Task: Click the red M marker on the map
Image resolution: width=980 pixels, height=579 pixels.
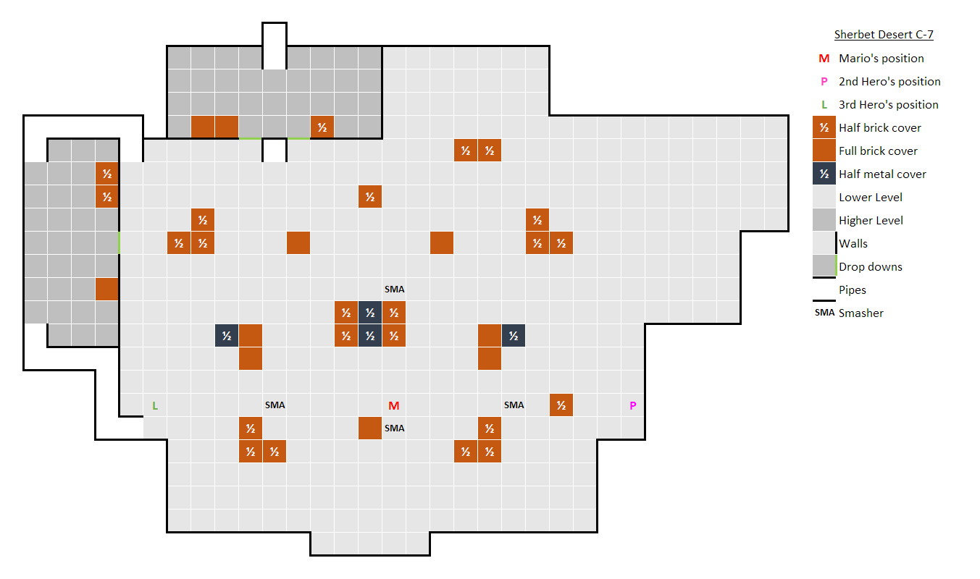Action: (x=394, y=405)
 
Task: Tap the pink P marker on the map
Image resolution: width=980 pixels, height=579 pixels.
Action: (x=632, y=405)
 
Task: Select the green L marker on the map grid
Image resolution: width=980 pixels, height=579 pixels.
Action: (x=155, y=405)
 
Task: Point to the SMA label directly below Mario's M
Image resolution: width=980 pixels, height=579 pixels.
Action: (x=394, y=428)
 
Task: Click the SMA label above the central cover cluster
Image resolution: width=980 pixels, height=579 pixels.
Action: (x=394, y=289)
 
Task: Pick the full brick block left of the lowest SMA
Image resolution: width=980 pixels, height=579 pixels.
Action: (x=370, y=428)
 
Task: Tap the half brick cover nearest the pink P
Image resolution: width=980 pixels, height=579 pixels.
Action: (x=561, y=405)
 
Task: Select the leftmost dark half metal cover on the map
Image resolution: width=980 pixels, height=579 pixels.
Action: (x=227, y=336)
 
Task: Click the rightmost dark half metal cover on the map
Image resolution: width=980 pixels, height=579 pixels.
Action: (x=513, y=336)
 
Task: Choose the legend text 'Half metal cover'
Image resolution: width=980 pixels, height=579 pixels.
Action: (x=882, y=174)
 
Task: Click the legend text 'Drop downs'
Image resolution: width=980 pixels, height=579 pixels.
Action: (x=871, y=266)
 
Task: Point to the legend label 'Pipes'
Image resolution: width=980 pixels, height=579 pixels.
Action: (x=853, y=289)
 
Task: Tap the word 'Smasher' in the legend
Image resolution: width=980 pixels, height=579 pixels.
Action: (x=861, y=313)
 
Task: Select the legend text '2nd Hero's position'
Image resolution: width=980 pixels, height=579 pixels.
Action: (x=889, y=81)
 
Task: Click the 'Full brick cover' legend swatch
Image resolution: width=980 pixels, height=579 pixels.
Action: (x=824, y=151)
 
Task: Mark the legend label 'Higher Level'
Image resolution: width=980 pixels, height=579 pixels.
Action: (x=871, y=220)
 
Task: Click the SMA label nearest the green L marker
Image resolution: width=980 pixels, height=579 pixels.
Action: (x=275, y=405)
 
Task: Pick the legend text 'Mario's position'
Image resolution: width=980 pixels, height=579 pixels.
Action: (x=881, y=58)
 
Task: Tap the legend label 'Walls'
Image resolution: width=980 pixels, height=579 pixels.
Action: (x=853, y=243)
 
